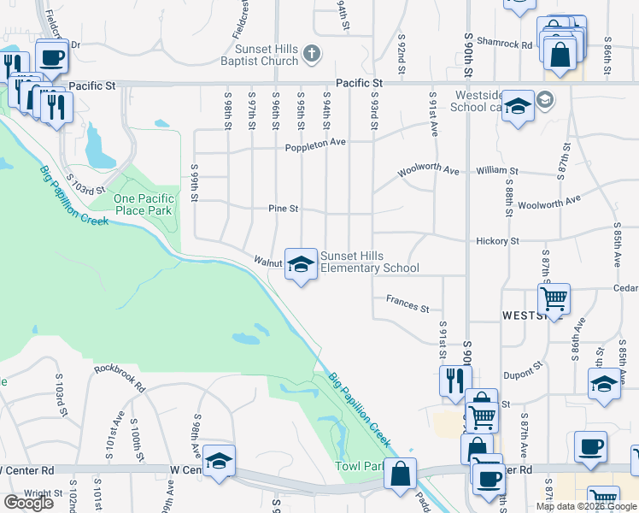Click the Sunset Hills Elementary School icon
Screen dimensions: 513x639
tap(301, 264)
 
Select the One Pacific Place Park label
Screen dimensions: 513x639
tap(144, 204)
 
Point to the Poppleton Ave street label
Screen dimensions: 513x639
tap(315, 144)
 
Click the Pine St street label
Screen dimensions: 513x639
tap(283, 208)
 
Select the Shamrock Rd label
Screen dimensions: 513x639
tap(505, 43)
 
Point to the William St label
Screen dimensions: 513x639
tap(492, 171)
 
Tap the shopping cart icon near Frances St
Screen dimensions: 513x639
tap(554, 299)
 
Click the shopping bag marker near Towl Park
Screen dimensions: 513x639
tap(399, 474)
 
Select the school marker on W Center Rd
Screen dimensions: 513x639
tap(219, 462)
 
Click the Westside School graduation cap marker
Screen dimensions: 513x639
tap(517, 106)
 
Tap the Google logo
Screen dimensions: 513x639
tap(28, 503)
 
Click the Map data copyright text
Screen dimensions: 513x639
tap(586, 506)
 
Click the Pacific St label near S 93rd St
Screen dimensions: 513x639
tap(357, 83)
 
